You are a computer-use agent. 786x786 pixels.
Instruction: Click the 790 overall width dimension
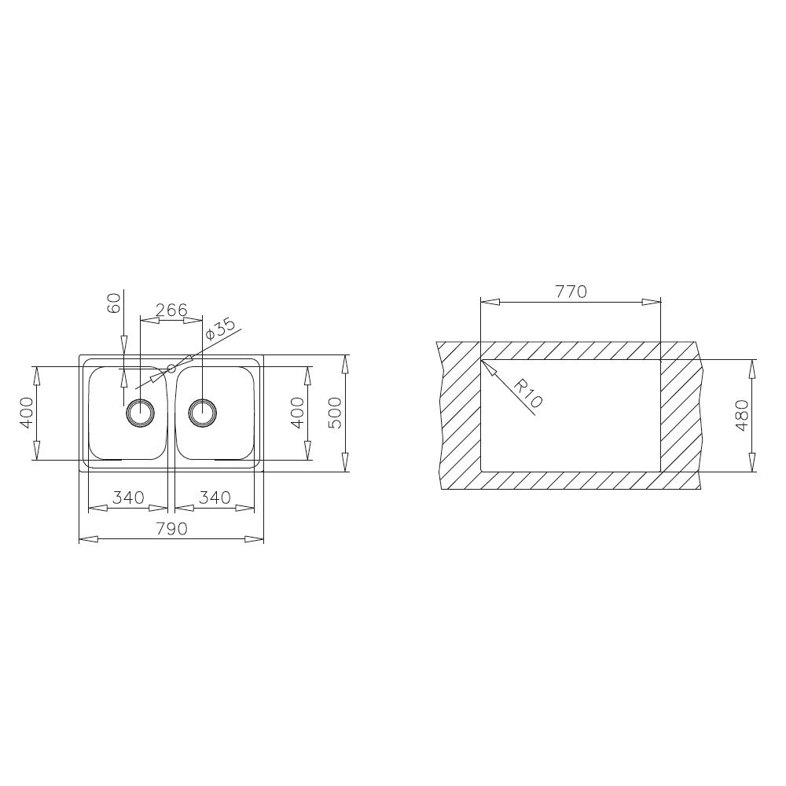[x=171, y=528]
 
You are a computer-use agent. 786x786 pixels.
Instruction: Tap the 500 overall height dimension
[x=334, y=413]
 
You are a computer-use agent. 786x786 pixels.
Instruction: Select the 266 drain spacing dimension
[x=171, y=310]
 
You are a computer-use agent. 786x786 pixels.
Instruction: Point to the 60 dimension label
[x=114, y=303]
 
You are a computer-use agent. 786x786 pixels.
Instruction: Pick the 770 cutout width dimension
[x=571, y=292]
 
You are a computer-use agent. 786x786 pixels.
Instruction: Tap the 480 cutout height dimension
[x=741, y=415]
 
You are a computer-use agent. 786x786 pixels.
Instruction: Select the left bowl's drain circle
[x=141, y=413]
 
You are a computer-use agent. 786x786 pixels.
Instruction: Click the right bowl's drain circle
[x=203, y=413]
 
